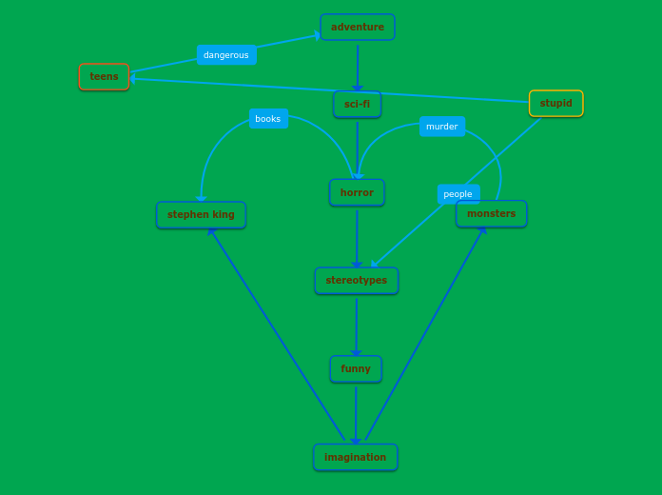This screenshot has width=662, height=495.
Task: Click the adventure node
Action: (x=358, y=27)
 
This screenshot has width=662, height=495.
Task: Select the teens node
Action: (x=104, y=76)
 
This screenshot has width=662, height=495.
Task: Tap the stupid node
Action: (x=555, y=103)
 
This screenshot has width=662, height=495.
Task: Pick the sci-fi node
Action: (x=357, y=104)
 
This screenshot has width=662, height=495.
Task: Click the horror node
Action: (x=357, y=192)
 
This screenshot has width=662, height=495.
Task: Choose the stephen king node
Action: (x=201, y=214)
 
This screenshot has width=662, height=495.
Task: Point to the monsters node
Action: (x=491, y=213)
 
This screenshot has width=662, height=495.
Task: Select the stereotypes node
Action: (x=356, y=280)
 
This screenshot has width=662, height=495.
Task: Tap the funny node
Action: (x=356, y=368)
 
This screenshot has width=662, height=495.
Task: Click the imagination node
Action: (x=355, y=457)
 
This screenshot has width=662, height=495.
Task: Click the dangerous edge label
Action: (x=226, y=54)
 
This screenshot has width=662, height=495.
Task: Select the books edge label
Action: (x=268, y=118)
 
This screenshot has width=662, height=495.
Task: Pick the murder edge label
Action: (x=441, y=126)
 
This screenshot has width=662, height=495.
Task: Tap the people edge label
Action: (x=458, y=193)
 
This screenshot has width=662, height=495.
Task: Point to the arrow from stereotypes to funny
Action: (x=357, y=325)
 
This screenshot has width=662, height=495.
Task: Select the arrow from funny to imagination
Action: (x=356, y=413)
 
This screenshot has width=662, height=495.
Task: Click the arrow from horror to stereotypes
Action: (x=357, y=237)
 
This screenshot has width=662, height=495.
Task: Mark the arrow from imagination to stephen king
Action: (x=276, y=333)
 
